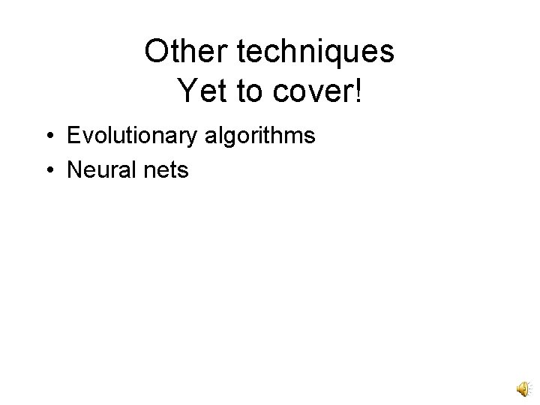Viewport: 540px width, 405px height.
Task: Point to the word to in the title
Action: tap(241, 91)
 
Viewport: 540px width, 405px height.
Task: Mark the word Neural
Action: tap(97, 171)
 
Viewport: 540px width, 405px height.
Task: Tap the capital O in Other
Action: tap(157, 52)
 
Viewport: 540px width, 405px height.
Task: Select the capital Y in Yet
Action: tap(187, 91)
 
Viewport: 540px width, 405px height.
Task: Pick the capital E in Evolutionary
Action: tap(74, 136)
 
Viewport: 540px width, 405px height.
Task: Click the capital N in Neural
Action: tap(75, 170)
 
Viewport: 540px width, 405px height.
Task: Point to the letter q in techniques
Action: tap(335, 55)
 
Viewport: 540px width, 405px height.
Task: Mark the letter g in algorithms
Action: tap(232, 139)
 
